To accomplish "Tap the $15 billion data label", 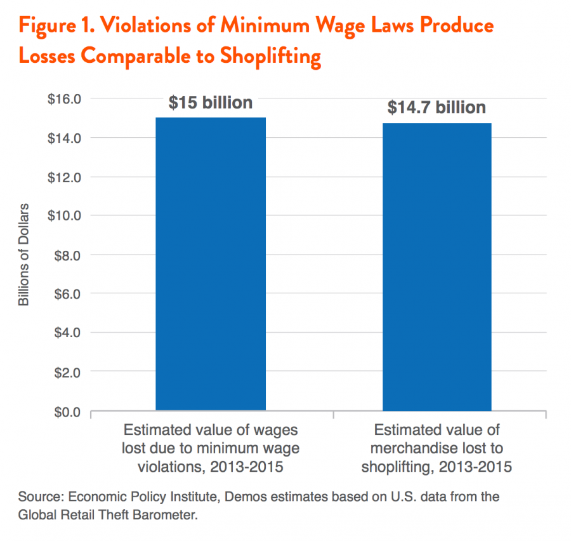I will [x=211, y=103].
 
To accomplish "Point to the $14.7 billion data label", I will [x=436, y=108].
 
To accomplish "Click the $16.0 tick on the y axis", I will [x=65, y=99].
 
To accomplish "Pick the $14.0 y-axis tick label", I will [x=65, y=138].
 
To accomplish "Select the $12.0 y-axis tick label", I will [x=65, y=177].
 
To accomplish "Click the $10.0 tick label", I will [x=65, y=216].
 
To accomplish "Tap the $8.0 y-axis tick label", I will [x=67, y=255].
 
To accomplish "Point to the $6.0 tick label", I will [x=67, y=294].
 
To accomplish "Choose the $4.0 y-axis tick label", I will [x=67, y=333].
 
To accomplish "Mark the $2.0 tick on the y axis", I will [x=67, y=372].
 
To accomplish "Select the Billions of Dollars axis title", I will [x=24, y=255].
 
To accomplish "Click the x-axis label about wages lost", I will [x=211, y=448].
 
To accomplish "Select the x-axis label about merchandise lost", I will [x=436, y=448].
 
